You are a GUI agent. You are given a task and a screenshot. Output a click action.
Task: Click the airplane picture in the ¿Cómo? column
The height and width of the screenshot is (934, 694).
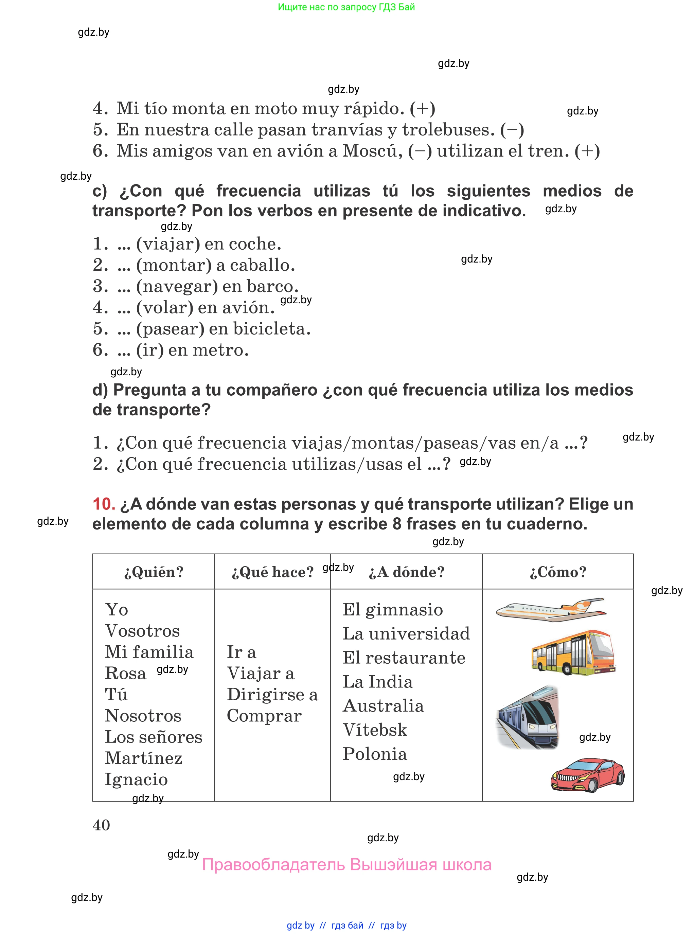[x=551, y=609]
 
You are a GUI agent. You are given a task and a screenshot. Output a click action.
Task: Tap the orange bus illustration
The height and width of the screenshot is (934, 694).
[x=573, y=652]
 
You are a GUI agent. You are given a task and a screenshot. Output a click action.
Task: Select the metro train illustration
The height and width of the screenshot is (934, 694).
[x=528, y=717]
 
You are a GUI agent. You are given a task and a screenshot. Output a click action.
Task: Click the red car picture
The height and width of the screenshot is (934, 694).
[x=587, y=774]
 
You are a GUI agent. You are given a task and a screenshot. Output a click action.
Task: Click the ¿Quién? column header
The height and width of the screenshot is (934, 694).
[x=154, y=572]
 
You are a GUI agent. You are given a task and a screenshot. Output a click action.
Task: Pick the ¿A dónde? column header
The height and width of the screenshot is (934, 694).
[x=406, y=572]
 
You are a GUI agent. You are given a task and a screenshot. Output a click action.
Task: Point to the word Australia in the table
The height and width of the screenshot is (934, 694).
[x=383, y=706]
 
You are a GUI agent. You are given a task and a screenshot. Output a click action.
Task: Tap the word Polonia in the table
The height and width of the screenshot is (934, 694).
[x=375, y=754]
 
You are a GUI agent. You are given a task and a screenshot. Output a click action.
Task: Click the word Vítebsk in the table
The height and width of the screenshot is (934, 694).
[x=375, y=730]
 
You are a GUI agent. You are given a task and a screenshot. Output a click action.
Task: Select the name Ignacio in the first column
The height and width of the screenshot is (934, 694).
[x=136, y=779]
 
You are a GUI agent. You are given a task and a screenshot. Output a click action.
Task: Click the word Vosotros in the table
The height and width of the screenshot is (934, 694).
[x=142, y=631]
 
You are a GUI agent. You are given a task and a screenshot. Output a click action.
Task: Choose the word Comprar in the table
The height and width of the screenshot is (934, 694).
[x=264, y=716]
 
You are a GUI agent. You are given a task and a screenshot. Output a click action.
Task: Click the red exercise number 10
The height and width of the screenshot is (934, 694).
[x=104, y=504]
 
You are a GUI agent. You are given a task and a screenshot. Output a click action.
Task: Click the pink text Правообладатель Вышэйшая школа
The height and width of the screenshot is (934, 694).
[x=346, y=865]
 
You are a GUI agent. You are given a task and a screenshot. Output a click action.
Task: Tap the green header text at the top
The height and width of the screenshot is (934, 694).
[x=346, y=7]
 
